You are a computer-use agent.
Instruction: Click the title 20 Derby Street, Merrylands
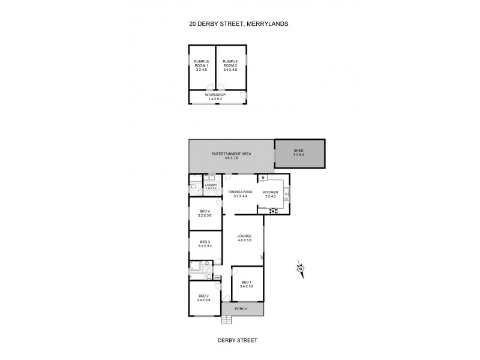coord(239,25)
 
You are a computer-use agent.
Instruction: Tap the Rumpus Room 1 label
coord(201,65)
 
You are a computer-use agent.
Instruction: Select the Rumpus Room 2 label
coord(230,65)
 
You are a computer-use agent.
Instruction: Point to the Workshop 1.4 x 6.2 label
coord(216,97)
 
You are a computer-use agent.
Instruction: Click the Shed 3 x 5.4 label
coord(299,152)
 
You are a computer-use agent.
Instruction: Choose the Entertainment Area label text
coord(231,156)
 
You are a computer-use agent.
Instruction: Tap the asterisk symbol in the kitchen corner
coord(263,178)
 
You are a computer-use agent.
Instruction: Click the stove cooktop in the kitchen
coord(274,210)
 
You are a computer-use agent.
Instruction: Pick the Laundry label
coord(210,187)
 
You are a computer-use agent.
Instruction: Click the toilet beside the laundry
coord(193,185)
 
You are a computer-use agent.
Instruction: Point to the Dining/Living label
coord(239,194)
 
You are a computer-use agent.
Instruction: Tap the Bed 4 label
coord(205,213)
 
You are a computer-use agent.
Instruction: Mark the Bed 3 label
coord(205,244)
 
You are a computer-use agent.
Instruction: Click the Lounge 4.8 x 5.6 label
coord(244,238)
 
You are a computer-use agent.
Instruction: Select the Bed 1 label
coord(246,284)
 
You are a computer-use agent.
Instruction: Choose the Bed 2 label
coord(204,297)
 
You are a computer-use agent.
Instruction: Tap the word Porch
coord(241,309)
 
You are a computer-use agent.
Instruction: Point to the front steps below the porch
coord(226,320)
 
